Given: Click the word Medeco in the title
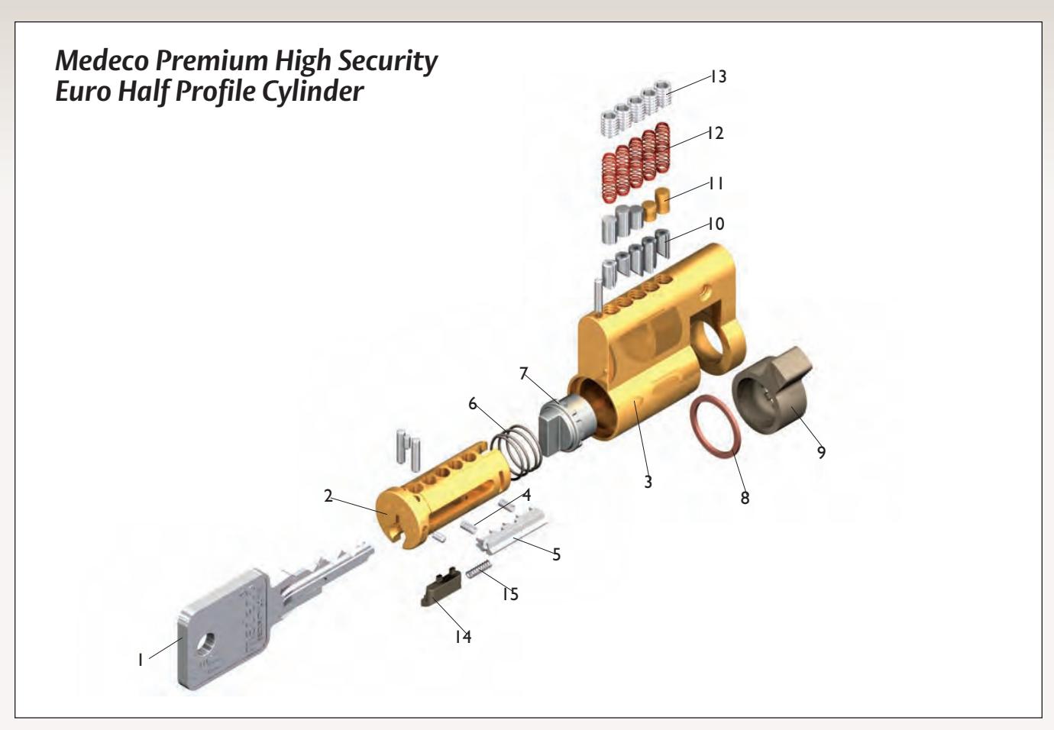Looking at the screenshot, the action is point(102,60).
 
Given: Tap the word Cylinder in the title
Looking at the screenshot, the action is point(312,91).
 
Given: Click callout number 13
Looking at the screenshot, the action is point(718,76).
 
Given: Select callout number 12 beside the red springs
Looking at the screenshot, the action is point(715,133).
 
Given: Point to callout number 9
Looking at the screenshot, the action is point(821,452).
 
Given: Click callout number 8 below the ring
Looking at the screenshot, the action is point(745,498).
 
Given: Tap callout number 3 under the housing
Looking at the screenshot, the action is point(648,482).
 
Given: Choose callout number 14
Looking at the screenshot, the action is point(463,636).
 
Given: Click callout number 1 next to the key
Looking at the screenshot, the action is point(141,660).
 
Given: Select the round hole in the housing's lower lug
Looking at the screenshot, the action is point(713,337).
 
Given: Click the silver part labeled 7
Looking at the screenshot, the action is point(567,422).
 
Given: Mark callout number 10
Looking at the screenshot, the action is point(716,224).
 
